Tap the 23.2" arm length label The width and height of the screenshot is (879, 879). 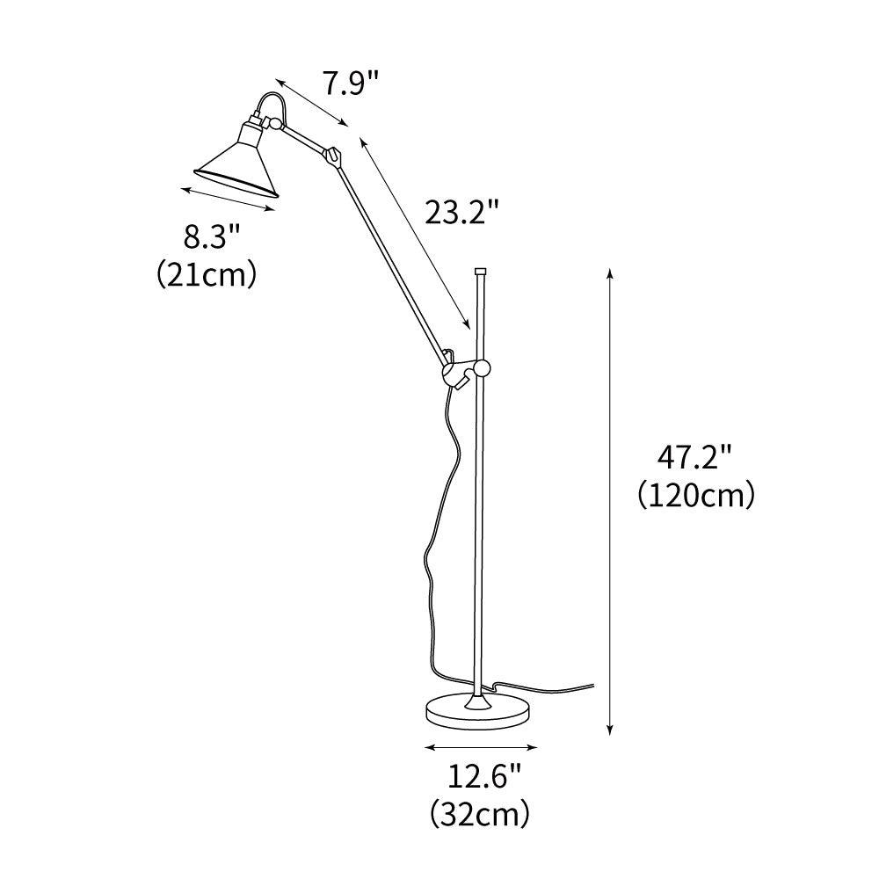462,211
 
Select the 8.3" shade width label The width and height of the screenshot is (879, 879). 211,237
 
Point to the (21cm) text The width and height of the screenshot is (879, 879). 207,275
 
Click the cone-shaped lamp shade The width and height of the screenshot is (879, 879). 236,163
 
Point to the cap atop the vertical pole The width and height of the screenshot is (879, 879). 481,272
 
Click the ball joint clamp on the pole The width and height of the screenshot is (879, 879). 481,369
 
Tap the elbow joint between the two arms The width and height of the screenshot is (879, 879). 332,156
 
